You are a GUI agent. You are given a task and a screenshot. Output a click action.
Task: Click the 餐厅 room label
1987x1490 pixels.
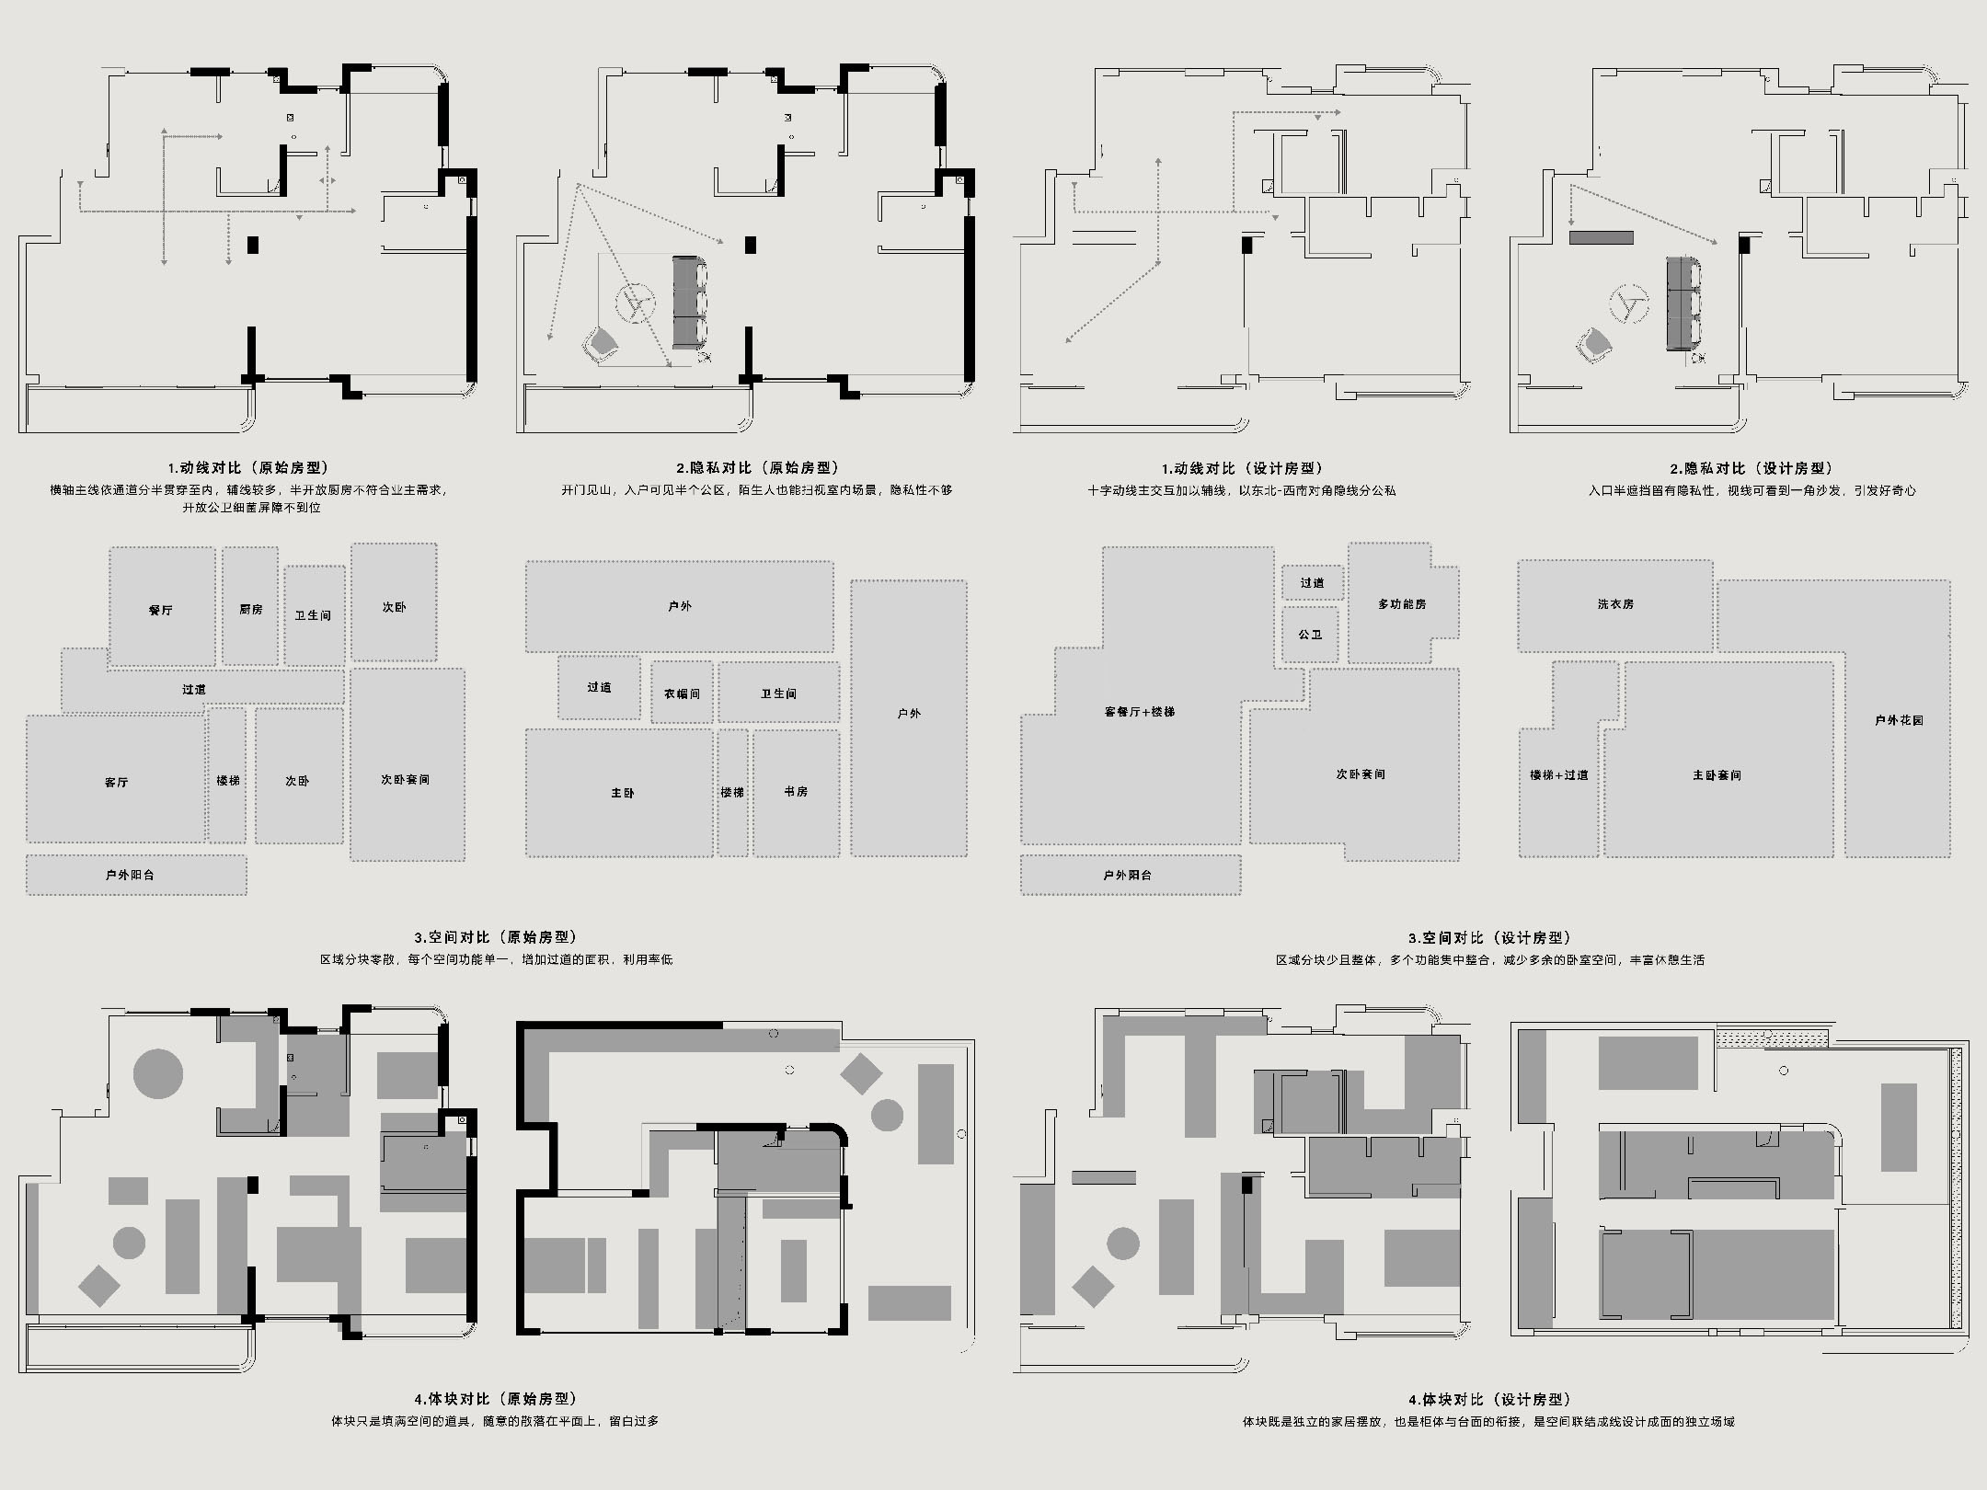coord(161,610)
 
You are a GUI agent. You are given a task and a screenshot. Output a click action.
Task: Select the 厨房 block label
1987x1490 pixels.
coord(251,609)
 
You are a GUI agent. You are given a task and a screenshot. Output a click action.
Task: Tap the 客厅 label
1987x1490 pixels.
coord(117,782)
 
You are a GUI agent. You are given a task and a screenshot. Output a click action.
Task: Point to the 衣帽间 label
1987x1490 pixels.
coord(682,693)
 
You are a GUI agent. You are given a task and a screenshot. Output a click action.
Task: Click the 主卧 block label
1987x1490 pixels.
coord(623,792)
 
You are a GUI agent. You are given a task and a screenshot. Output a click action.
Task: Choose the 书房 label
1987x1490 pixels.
coord(797,791)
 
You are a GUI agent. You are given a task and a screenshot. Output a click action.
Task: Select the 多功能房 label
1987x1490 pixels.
coord(1402,603)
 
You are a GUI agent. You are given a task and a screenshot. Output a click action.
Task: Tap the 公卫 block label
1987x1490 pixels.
coord(1311,635)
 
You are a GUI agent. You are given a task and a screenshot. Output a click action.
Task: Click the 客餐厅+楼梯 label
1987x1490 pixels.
coord(1140,711)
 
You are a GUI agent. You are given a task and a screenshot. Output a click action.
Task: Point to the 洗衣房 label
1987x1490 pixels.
coord(1615,603)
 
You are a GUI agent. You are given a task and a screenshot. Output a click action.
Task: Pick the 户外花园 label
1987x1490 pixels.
coord(1900,720)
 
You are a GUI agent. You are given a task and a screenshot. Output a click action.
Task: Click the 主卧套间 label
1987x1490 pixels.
coord(1717,775)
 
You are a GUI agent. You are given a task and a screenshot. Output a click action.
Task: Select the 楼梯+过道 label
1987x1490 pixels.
coord(1559,774)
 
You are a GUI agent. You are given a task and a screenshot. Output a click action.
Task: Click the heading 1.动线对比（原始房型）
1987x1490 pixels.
coord(248,468)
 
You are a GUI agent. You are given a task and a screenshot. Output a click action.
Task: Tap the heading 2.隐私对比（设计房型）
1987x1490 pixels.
coord(1752,468)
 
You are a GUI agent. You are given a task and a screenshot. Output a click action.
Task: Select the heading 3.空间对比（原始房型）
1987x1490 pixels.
coord(496,937)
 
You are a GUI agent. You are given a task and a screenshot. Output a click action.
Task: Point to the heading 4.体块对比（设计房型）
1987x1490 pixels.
coord(1489,1400)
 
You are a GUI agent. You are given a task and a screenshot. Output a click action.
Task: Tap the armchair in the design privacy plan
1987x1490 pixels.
coord(1594,345)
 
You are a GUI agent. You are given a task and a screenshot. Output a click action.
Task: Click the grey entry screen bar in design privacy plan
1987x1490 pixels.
coord(1602,237)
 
